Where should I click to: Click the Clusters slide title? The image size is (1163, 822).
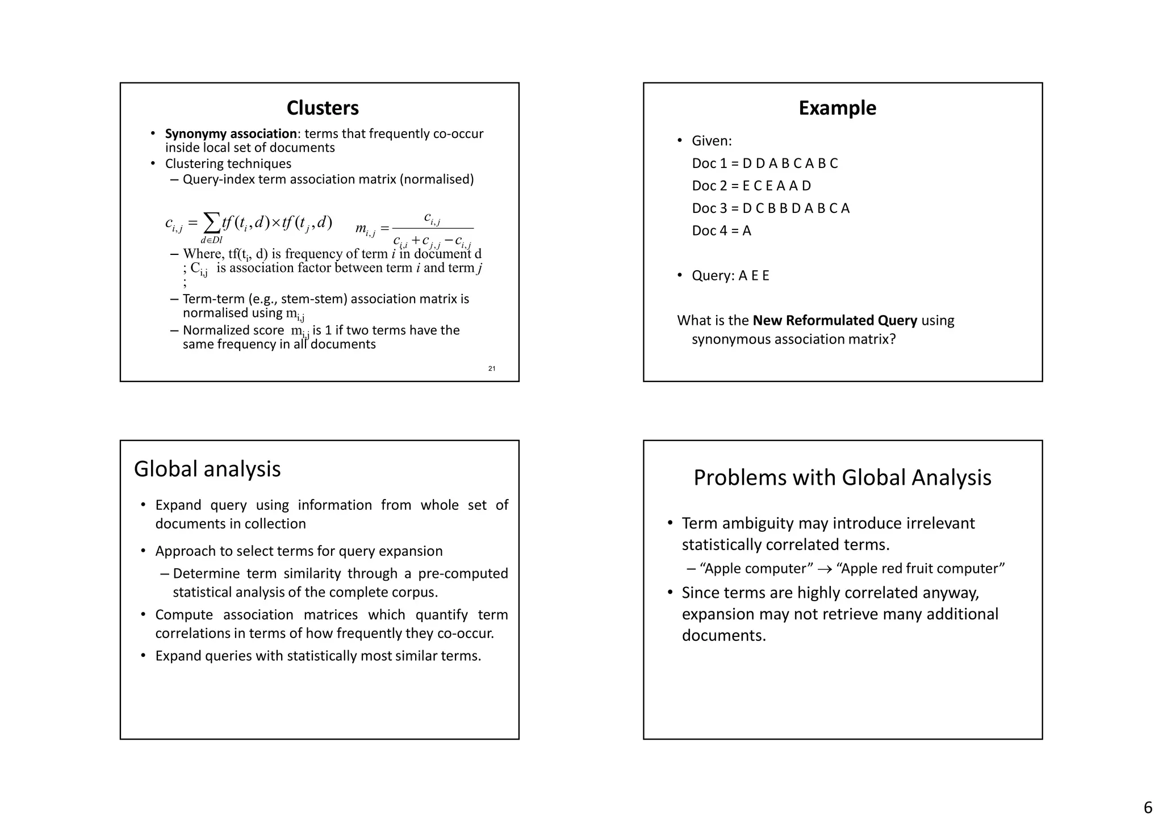pos(323,108)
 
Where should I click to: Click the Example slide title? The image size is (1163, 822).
pos(837,108)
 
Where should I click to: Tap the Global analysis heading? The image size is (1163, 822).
pos(207,469)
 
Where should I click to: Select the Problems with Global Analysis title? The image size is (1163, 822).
pos(842,477)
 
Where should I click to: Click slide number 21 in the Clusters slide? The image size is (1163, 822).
pos(492,369)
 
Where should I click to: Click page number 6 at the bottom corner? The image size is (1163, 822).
pos(1148,807)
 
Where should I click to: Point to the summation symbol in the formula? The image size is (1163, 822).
pos(212,223)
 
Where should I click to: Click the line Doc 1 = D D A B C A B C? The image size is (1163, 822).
pos(764,163)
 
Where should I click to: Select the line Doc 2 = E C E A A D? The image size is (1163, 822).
pos(751,186)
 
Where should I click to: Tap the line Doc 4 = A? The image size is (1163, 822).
pos(721,230)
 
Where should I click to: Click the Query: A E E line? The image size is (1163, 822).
pos(730,276)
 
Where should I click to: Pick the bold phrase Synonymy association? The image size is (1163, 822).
pos(231,134)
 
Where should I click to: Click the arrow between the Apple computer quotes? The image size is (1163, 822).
pos(825,569)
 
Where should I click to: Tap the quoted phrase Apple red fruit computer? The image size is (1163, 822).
pos(921,569)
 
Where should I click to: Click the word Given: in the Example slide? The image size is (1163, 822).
pos(712,141)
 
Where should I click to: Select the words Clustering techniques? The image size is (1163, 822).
pos(228,164)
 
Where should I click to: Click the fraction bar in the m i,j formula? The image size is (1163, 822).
pos(433,228)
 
